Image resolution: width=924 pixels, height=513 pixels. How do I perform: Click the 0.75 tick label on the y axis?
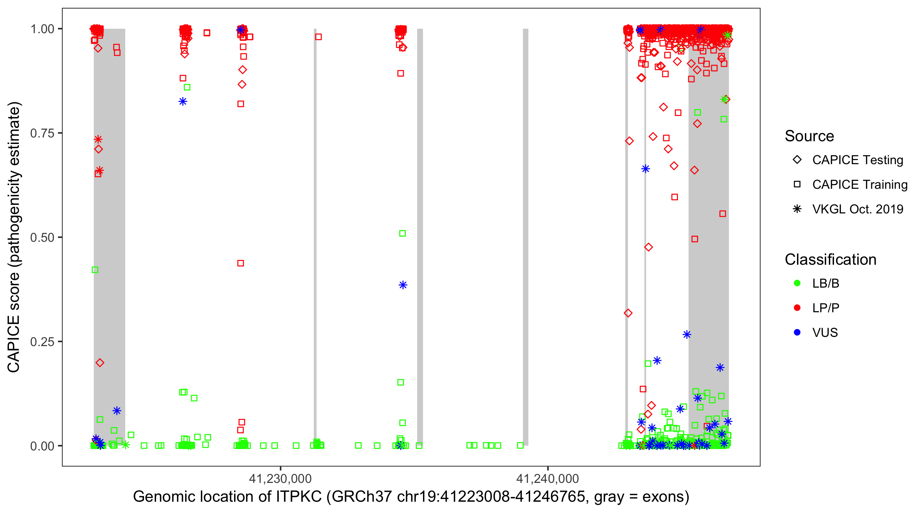pyautogui.click(x=42, y=133)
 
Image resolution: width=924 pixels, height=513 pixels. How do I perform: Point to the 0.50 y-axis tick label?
pyautogui.click(x=42, y=237)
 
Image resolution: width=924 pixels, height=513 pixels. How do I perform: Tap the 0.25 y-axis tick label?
pyautogui.click(x=42, y=342)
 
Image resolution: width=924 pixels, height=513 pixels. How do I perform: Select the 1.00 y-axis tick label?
pyautogui.click(x=42, y=29)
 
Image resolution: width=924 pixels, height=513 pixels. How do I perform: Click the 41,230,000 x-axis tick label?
pyautogui.click(x=280, y=478)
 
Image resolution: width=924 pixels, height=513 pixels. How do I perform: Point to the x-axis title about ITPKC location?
pyautogui.click(x=411, y=497)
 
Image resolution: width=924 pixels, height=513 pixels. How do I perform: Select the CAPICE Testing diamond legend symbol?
pyautogui.click(x=797, y=160)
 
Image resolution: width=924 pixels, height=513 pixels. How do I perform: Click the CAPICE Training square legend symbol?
pyautogui.click(x=797, y=185)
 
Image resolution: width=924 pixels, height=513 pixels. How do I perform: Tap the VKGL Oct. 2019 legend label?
pyautogui.click(x=858, y=209)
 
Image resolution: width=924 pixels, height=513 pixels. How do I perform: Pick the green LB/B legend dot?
pyautogui.click(x=797, y=284)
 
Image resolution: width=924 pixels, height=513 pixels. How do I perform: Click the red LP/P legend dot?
pyautogui.click(x=797, y=308)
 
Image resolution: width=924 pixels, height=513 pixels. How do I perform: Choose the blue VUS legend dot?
pyautogui.click(x=797, y=333)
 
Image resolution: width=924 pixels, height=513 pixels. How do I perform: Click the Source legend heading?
pyautogui.click(x=809, y=136)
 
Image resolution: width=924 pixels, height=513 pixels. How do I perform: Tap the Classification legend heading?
pyautogui.click(x=830, y=260)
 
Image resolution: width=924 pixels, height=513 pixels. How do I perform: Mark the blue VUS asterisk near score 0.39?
pyautogui.click(x=403, y=285)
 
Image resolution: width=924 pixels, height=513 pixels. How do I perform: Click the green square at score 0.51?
pyautogui.click(x=402, y=233)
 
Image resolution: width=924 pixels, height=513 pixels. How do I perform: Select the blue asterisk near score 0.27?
pyautogui.click(x=686, y=334)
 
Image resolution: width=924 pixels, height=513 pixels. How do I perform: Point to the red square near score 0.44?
pyautogui.click(x=241, y=263)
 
